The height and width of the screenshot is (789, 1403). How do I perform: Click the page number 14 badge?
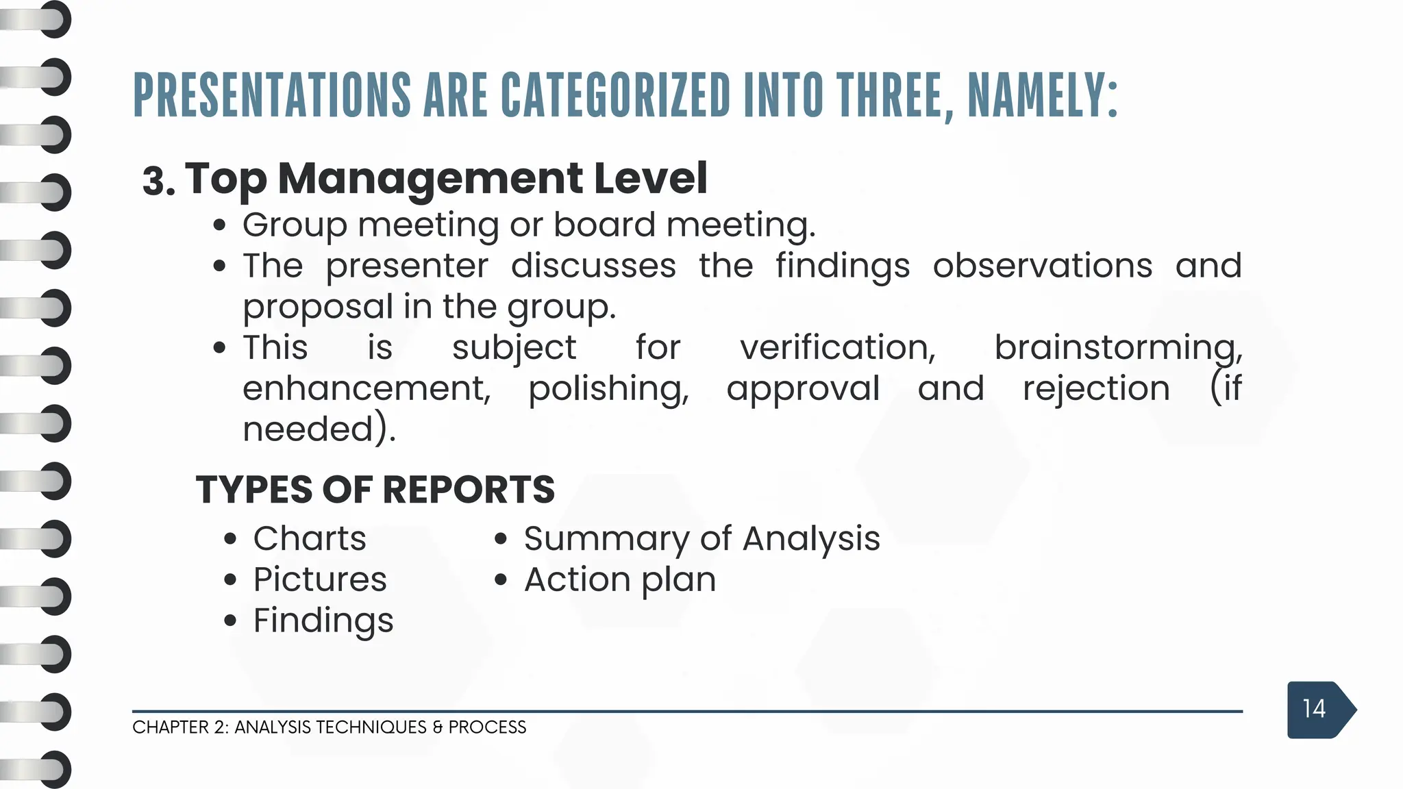pos(1314,709)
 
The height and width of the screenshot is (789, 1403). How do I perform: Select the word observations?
pos(1042,266)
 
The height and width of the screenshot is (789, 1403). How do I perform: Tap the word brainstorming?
pos(1117,347)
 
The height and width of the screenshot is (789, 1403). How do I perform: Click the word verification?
pos(837,347)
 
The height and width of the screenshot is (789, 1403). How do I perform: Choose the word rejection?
pos(1096,388)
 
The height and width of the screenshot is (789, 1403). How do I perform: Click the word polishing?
pos(608,390)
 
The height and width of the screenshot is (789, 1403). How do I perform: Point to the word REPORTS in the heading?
pos(469,490)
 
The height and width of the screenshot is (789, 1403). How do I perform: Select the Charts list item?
pos(310,538)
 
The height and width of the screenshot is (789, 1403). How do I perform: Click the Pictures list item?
pos(320,579)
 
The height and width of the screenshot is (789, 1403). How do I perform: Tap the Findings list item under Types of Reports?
pos(323,621)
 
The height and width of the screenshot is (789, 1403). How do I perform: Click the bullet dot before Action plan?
pos(501,580)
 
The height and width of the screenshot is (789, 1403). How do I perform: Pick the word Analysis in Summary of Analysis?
pos(811,538)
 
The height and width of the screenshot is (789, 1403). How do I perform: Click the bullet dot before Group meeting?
pos(219,225)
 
